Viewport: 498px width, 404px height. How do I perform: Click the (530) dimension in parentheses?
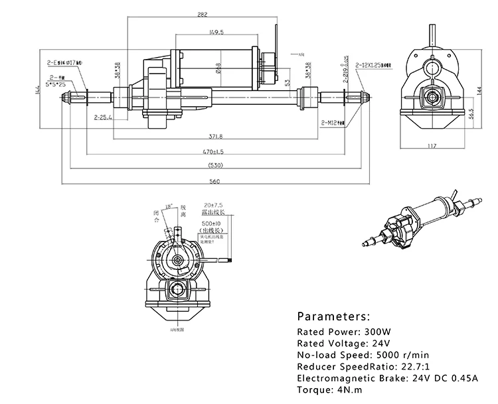coord(214,165)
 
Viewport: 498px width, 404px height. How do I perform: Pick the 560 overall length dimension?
coord(214,180)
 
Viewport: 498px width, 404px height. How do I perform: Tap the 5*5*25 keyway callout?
coord(56,84)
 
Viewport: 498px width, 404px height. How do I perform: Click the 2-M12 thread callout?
coord(331,123)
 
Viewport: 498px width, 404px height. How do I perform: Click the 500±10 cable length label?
coord(213,224)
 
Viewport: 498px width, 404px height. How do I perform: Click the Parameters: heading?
coord(333,316)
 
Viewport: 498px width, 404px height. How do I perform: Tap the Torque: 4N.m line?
coord(326,390)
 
